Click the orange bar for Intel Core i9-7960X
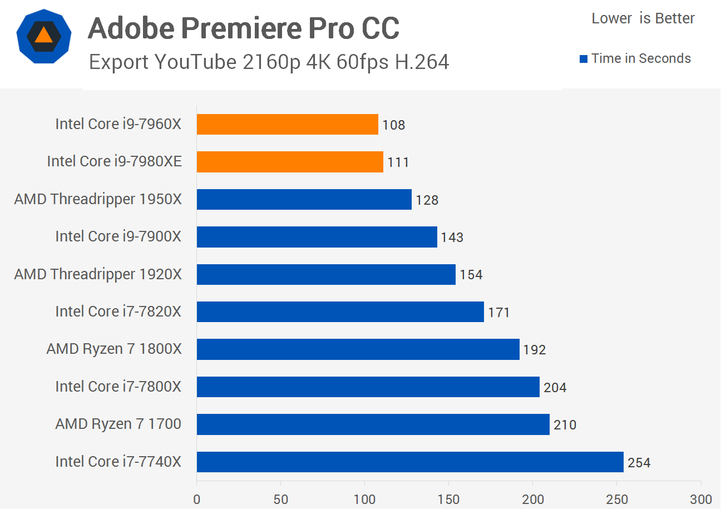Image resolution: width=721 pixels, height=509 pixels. [x=287, y=124]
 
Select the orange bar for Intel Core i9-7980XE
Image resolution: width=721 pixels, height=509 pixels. [x=290, y=162]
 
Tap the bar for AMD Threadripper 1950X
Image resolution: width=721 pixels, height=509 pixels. [x=304, y=199]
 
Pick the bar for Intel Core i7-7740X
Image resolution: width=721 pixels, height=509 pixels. [x=410, y=462]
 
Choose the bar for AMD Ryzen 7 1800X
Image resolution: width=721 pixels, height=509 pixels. [x=358, y=349]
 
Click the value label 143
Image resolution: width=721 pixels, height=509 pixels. [x=452, y=238]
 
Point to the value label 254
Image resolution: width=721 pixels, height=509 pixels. [x=639, y=463]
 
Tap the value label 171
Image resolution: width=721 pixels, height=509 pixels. [x=499, y=313]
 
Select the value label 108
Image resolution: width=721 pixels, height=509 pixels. [x=394, y=125]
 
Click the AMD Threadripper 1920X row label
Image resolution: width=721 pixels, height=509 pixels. [x=98, y=274]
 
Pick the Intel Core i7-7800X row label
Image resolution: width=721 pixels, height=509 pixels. [x=118, y=387]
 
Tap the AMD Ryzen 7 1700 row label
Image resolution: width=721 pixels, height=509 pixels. [x=118, y=424]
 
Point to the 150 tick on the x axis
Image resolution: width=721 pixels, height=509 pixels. [x=448, y=499]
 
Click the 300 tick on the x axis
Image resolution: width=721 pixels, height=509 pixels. [x=700, y=499]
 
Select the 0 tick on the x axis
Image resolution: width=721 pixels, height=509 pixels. [x=196, y=499]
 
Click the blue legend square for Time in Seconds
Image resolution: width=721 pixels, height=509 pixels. [x=584, y=59]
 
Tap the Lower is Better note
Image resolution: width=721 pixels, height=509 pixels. [x=643, y=18]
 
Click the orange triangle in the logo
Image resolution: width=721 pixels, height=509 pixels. [x=43, y=36]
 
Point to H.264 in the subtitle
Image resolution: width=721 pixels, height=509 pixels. [x=422, y=62]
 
